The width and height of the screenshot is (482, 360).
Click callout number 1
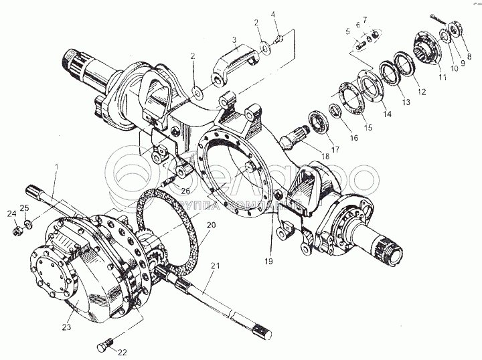(x=58, y=165)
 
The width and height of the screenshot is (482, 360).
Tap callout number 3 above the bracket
(x=235, y=39)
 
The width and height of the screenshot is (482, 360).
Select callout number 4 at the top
(x=273, y=15)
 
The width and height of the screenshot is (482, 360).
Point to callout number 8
(x=469, y=56)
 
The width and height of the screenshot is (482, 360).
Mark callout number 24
(x=11, y=214)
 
